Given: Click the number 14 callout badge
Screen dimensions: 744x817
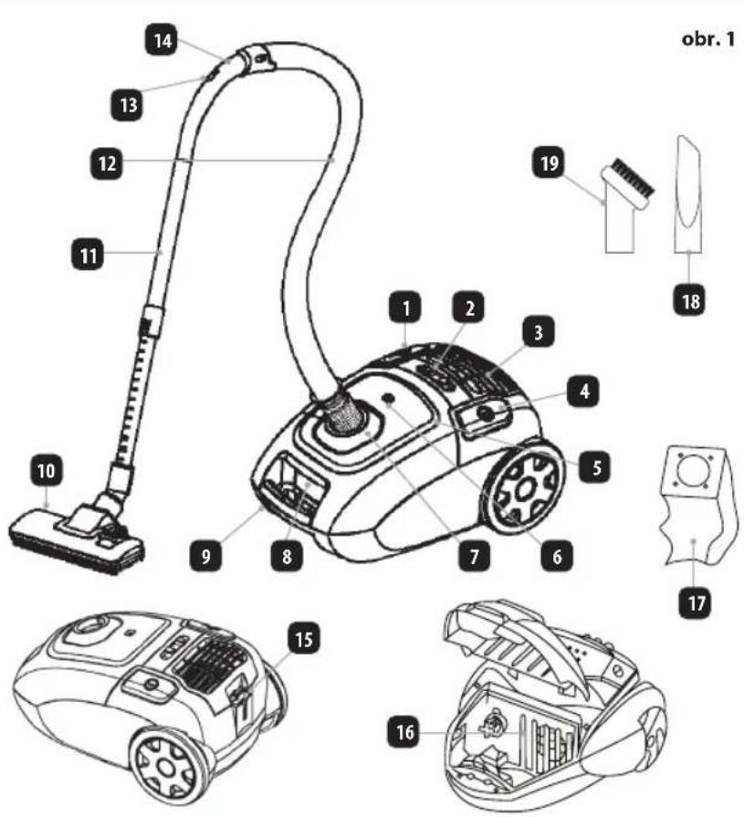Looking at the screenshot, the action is coord(161,41).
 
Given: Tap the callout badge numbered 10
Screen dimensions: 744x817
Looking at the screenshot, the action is coord(47,471).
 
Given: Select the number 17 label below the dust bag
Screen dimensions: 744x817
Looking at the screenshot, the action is coord(696,603).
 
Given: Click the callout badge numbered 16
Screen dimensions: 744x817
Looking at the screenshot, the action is coord(404,733).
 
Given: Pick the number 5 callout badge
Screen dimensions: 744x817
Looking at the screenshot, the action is coord(595,466).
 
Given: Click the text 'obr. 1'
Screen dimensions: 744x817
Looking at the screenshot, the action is coord(707,38).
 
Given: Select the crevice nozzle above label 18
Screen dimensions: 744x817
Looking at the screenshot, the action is coord(691,194).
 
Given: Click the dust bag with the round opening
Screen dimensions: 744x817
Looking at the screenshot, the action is coord(696,506).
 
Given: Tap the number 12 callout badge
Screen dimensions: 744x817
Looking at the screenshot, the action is coord(106,163).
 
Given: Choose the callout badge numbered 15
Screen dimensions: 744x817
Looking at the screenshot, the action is coord(304,638).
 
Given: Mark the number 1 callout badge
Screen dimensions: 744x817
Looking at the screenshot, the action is coord(405,309).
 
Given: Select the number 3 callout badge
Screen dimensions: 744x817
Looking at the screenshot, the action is coord(538,331).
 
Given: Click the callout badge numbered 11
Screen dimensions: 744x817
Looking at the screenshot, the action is coord(87,256).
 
